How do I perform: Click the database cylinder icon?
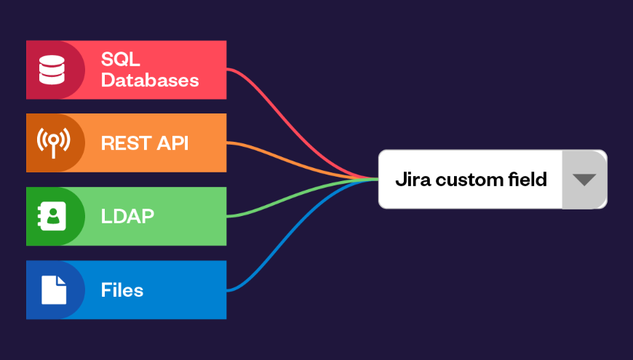(x=52, y=69)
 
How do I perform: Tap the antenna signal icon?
(x=52, y=143)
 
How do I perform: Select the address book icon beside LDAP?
(x=52, y=216)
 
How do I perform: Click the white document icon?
(x=52, y=289)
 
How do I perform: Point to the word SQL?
(x=120, y=60)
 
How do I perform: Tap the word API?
(x=172, y=143)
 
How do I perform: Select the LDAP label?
(x=127, y=216)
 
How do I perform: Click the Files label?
(x=122, y=290)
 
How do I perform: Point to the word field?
(x=526, y=179)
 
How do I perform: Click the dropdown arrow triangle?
(x=584, y=180)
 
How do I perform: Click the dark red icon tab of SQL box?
(x=36, y=69)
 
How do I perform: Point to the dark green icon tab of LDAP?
(x=36, y=216)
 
